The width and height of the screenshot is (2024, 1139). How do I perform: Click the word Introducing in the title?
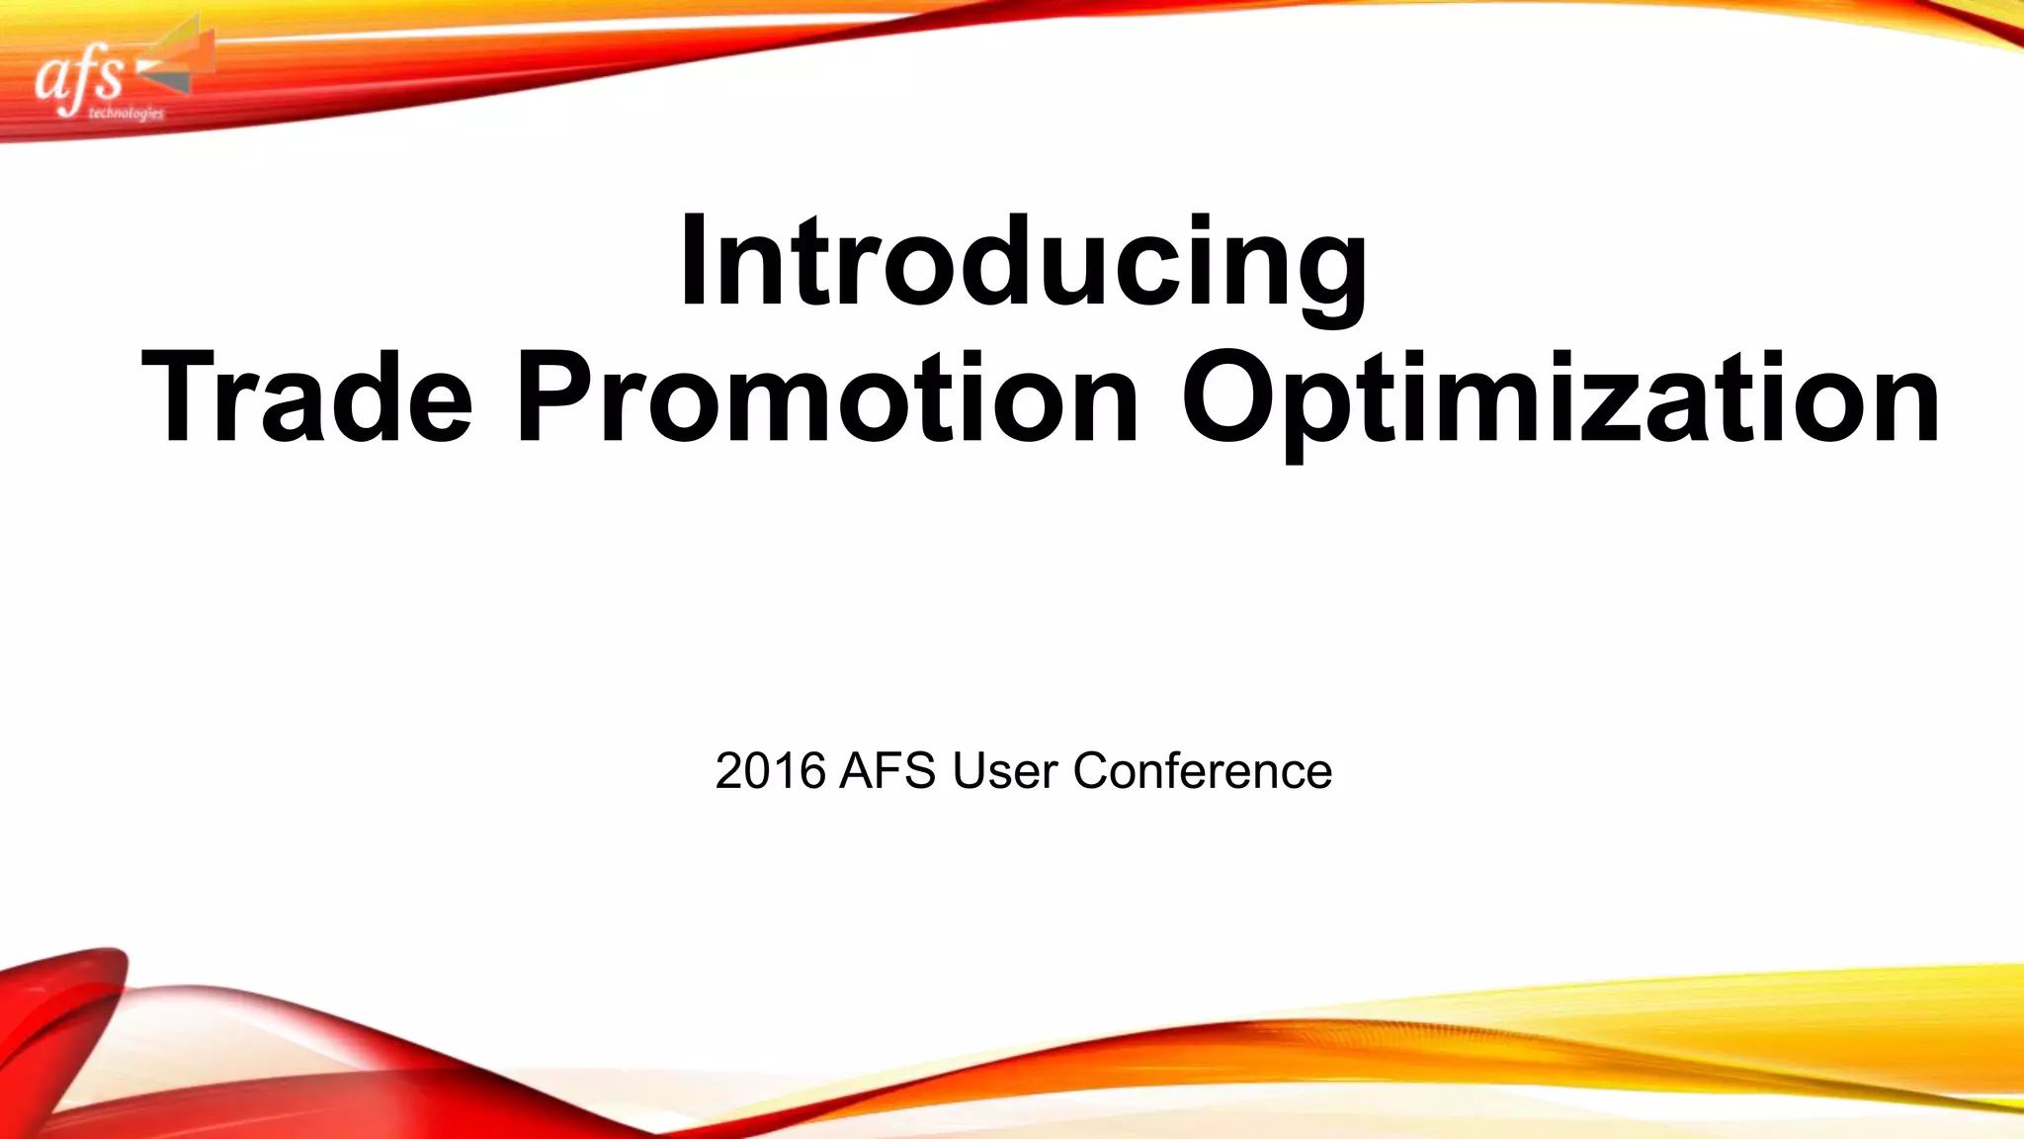click(x=1023, y=264)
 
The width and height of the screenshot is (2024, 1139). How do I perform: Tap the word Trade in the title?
click(x=306, y=397)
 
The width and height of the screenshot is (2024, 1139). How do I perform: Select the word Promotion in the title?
click(x=827, y=397)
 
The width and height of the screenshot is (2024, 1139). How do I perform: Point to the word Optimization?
click(x=1560, y=397)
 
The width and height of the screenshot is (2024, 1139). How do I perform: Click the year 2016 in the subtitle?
click(x=770, y=771)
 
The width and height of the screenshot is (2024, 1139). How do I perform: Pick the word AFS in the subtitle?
click(x=886, y=771)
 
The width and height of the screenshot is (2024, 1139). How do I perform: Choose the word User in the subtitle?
click(x=1005, y=771)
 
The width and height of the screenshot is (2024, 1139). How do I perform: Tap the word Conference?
click(x=1202, y=771)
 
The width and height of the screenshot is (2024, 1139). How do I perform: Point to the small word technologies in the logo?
click(x=126, y=114)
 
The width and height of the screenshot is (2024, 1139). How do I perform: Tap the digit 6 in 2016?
click(x=812, y=771)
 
